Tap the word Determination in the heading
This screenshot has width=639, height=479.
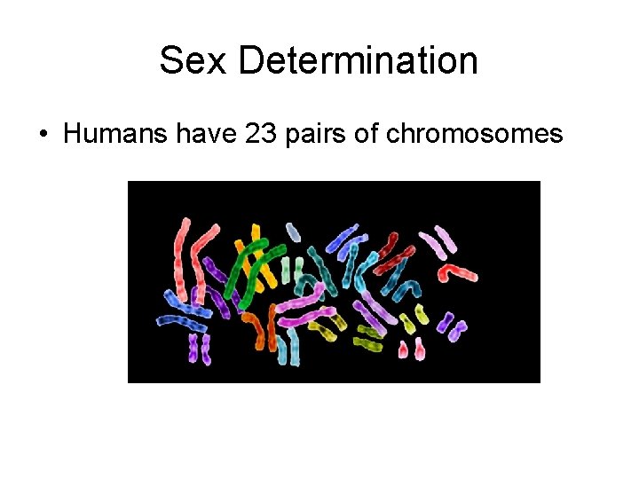[x=358, y=61]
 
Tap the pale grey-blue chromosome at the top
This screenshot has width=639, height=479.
[x=294, y=233]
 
